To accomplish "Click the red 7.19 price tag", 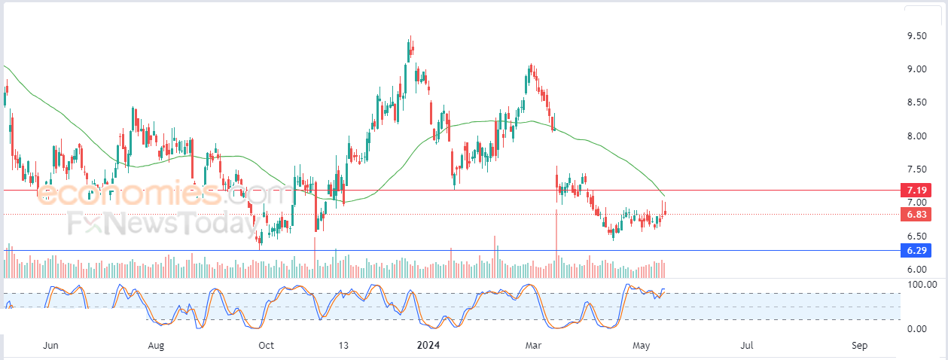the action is (x=916, y=190).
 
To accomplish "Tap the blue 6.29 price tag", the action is (x=916, y=250).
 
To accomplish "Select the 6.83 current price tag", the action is (x=916, y=215).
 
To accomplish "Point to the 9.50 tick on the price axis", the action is (x=916, y=36).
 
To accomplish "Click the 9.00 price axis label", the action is (x=916, y=69).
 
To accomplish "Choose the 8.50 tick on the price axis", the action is (x=916, y=102).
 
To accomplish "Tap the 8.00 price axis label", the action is (x=916, y=136).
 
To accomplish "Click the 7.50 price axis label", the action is (x=916, y=169).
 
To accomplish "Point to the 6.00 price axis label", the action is (x=916, y=270).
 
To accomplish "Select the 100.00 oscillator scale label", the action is (x=922, y=284).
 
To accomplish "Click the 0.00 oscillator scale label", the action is (x=916, y=328).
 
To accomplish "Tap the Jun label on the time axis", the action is (x=50, y=346).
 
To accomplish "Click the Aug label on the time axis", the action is (x=156, y=346).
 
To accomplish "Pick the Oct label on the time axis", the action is (x=266, y=346).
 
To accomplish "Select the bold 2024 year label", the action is (x=428, y=346).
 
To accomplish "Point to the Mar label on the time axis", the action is (x=533, y=346).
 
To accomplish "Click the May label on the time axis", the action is (x=642, y=346).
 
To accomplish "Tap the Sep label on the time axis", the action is (x=860, y=346).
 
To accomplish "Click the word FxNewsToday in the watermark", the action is (x=163, y=223).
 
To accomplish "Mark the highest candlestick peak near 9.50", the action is (x=410, y=36).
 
